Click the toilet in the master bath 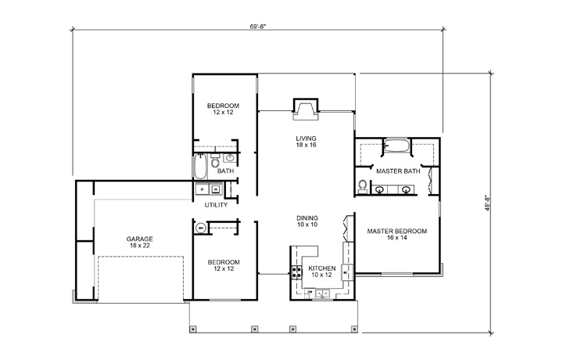[x=363, y=185]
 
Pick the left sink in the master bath [x=381, y=189]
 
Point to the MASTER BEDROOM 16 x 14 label [x=396, y=235]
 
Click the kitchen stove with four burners [x=297, y=273]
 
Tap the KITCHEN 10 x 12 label [x=321, y=272]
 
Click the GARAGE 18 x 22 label [x=140, y=243]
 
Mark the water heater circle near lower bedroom [x=200, y=229]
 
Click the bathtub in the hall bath [x=199, y=166]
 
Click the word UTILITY [x=216, y=205]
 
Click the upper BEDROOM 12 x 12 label [x=223, y=109]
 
